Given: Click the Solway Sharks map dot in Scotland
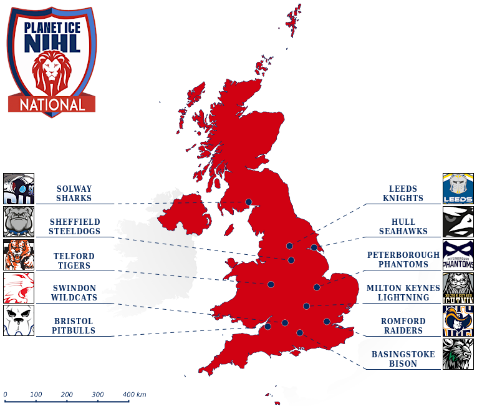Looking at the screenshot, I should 249,202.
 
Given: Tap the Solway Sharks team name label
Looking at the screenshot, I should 74,194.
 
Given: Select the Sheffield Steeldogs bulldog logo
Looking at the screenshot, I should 19,222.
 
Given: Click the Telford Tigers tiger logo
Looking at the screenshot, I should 19,255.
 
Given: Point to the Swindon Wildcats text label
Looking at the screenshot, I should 74,293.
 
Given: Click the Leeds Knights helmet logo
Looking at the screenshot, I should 458,189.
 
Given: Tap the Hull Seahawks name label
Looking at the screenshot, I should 403,227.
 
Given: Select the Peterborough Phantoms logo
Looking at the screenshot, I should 458,255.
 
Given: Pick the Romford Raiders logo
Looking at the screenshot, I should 458,321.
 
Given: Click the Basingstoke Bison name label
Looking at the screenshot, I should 403,359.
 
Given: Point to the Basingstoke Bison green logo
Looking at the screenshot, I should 458,354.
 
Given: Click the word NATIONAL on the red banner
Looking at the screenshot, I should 52,104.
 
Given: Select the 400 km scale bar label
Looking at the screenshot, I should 134,395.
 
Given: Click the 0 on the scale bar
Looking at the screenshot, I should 5,395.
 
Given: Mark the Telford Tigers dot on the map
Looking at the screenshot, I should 271,284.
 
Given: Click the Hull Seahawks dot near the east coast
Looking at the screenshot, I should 314,247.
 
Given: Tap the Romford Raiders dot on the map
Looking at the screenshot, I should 327,322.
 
